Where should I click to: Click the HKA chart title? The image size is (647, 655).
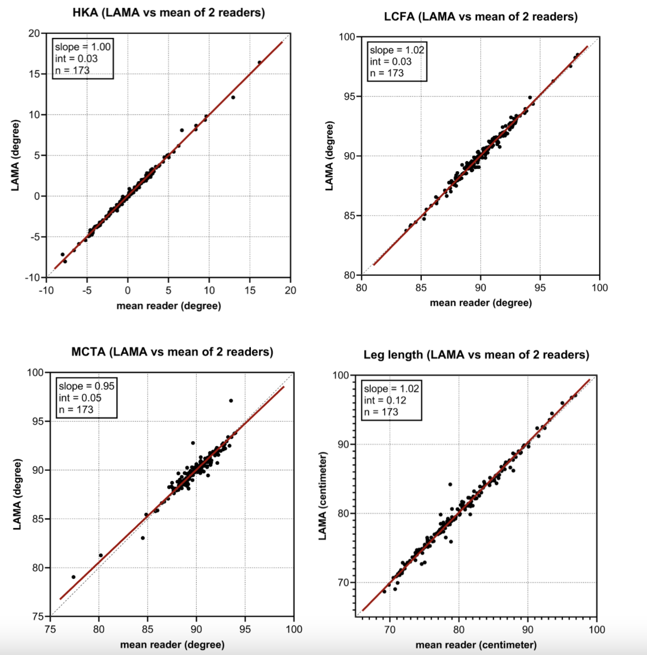coord(168,13)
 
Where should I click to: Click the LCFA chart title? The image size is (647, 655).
coord(480,17)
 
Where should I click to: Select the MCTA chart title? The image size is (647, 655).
coord(172,352)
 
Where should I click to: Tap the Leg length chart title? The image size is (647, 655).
coord(476,355)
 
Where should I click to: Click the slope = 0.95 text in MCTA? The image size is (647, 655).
coord(86,386)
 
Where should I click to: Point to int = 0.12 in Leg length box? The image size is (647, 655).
coord(385,400)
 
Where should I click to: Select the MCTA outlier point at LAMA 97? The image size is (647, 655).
coord(231,401)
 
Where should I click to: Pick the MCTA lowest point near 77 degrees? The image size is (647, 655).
coord(74,577)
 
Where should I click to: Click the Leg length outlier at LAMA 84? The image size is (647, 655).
coord(450,484)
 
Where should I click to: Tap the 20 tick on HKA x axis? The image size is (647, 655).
coord(290,290)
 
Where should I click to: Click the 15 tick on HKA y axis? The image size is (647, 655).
coord(34,74)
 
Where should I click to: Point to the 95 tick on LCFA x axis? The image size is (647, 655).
coord(540,287)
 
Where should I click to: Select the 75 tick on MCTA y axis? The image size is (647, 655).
coord(37,616)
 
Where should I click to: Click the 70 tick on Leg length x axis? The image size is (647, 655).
coord(390,629)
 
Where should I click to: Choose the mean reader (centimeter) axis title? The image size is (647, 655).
coord(476,645)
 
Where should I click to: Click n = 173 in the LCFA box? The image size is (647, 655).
coord(387,73)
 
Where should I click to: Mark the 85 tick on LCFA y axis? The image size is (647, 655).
coord(349,216)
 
